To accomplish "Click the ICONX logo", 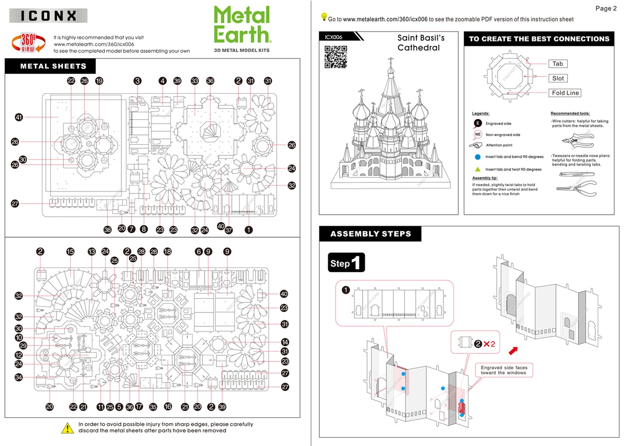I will (x=48, y=16).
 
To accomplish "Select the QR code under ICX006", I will (x=335, y=57).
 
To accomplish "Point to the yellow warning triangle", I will (x=67, y=427).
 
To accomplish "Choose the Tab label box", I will (x=558, y=64).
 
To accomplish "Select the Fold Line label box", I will (x=565, y=93).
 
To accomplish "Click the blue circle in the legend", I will (x=478, y=157).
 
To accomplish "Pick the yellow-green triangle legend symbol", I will (x=478, y=169).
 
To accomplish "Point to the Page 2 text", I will (x=606, y=8).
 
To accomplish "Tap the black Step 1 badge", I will (x=346, y=263).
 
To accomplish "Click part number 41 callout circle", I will (x=19, y=117).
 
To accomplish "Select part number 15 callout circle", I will (x=70, y=252).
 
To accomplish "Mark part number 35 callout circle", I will (x=153, y=407).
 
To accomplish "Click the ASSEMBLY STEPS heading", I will (x=370, y=234).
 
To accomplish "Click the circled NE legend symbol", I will (x=478, y=135).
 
